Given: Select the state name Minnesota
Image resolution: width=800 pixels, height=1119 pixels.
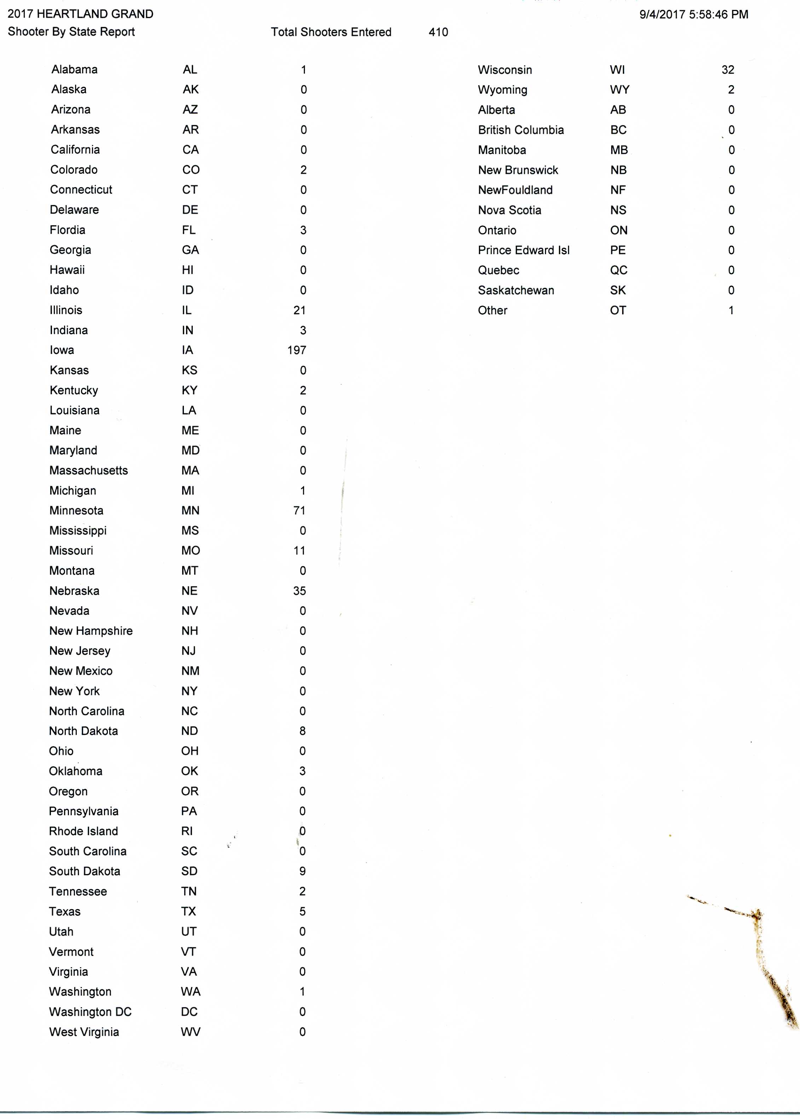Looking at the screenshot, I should pos(76,510).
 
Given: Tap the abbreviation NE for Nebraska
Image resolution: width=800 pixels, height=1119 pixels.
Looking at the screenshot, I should pos(189,591).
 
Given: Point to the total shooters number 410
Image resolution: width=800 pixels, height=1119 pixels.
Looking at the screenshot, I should pos(438,32).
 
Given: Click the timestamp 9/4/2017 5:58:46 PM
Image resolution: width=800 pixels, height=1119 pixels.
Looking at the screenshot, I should pos(694,14).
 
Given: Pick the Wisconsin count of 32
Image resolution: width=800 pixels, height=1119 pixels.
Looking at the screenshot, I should pos(727,70).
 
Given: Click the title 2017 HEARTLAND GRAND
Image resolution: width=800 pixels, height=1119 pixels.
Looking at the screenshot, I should pos(80,14).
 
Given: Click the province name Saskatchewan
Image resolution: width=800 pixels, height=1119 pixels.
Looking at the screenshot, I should pos(516,290).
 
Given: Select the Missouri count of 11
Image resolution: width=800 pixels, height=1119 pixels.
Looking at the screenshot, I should pos(300,551).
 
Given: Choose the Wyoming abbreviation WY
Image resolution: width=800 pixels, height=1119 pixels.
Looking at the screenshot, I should pos(619,90).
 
